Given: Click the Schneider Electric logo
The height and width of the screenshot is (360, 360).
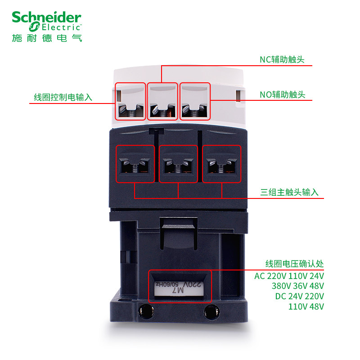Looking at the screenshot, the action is pos(47,21).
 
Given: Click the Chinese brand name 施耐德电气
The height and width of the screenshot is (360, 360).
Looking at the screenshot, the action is pos(47,38).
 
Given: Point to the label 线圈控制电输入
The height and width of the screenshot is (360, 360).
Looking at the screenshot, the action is pos(63,97).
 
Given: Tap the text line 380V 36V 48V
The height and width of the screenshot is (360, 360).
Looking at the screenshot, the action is pos(297,286).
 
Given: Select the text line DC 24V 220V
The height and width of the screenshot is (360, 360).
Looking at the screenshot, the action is pos(299,296).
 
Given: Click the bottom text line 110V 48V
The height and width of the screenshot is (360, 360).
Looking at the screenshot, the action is pos(306,306).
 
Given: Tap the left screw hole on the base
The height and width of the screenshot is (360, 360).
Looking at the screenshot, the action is pos(144,310).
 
